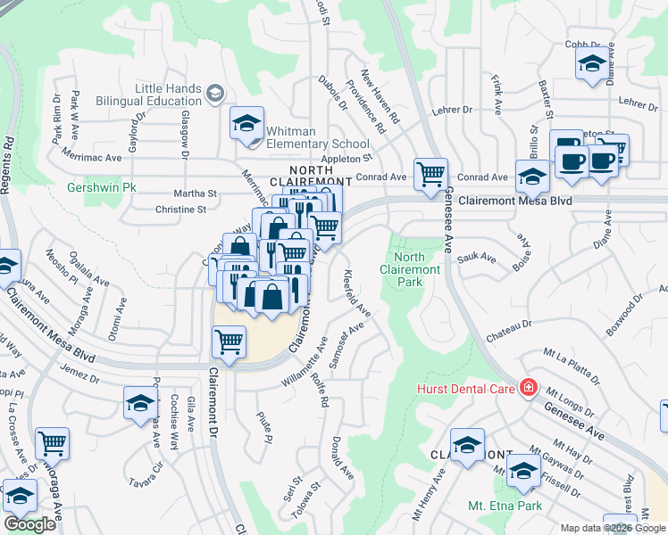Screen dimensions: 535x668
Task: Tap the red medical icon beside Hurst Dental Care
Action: coord(529,388)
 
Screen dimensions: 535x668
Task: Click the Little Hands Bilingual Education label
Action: coord(169,95)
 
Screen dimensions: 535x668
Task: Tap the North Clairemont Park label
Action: coord(410,269)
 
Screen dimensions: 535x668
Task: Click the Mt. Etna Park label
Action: coord(505,506)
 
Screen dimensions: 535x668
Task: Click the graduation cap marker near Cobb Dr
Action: coord(589,63)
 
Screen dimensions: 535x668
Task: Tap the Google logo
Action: coord(29,524)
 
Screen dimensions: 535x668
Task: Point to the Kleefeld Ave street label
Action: coord(356,293)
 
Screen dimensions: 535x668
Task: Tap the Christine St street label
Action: coord(180,210)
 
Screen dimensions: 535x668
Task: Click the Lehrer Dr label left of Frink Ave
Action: coord(452,110)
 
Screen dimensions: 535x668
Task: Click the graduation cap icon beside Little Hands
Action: coord(214,93)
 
